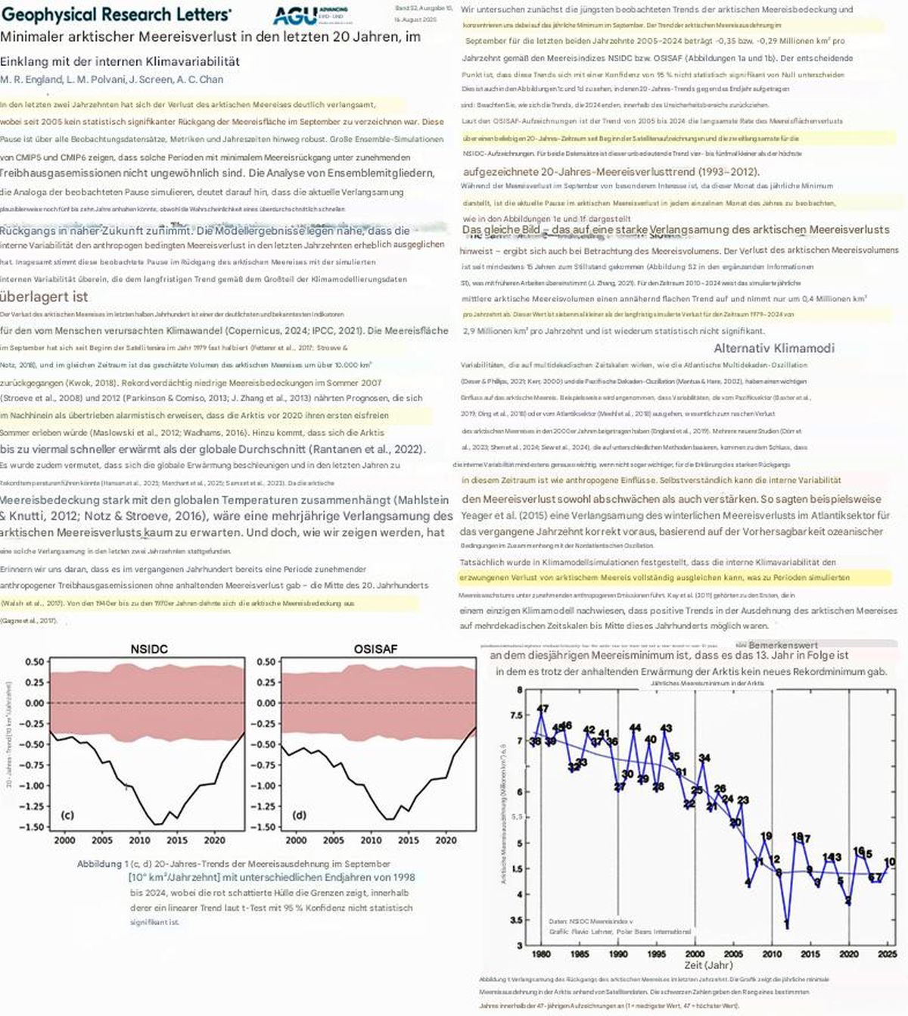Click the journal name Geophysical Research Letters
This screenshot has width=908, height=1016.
point(117,14)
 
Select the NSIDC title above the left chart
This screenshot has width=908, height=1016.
point(148,649)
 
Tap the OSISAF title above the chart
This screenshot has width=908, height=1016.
point(375,649)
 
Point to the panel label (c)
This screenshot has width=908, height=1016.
point(67,815)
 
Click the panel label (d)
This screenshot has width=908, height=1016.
point(299,815)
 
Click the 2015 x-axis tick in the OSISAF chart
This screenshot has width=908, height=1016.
point(408,840)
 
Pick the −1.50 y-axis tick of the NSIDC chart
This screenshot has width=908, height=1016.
point(35,827)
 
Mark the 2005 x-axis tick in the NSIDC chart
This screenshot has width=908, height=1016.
point(102,840)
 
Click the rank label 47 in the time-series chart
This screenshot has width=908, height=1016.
point(543,709)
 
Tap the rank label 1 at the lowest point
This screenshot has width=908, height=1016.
point(787,924)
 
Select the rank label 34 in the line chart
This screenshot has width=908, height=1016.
point(704,758)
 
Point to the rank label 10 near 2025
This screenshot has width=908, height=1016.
point(890,862)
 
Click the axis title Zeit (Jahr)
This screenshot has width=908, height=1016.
point(708,965)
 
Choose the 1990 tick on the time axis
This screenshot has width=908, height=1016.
point(618,954)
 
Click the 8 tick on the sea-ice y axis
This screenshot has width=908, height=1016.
point(519,690)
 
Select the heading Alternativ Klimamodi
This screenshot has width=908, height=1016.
point(774,348)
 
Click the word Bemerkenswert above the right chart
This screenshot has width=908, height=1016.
point(783,646)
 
